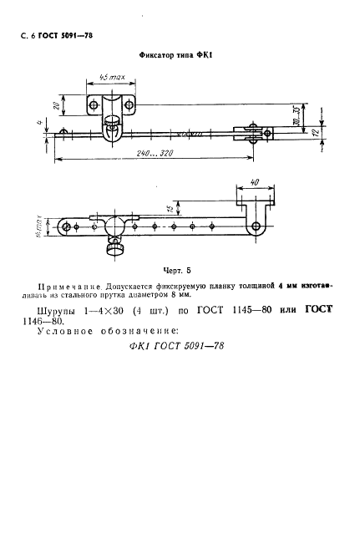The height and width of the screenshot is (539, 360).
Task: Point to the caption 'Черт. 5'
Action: pos(177,270)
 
